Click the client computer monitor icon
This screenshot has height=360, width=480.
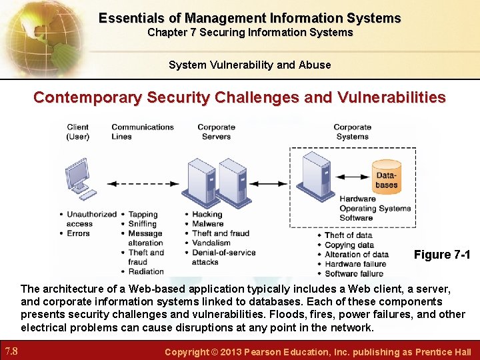78,175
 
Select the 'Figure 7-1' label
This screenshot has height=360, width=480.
442,255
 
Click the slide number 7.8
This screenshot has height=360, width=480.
13,351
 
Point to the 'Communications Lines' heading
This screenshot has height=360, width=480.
142,131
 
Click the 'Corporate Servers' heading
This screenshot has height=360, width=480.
216,131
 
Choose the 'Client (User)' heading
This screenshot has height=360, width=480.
78,131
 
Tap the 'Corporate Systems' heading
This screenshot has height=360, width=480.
352,131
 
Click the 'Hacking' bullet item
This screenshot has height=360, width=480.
207,215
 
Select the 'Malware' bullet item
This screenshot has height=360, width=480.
207,224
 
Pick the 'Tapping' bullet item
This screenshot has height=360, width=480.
143,215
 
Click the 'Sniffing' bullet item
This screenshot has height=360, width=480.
143,224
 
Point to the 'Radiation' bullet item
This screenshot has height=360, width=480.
146,271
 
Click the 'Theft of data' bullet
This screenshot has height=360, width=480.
348,235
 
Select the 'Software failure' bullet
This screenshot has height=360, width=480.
353,273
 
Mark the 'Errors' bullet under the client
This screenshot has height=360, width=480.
78,233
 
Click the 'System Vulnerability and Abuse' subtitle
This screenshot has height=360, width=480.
249,65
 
